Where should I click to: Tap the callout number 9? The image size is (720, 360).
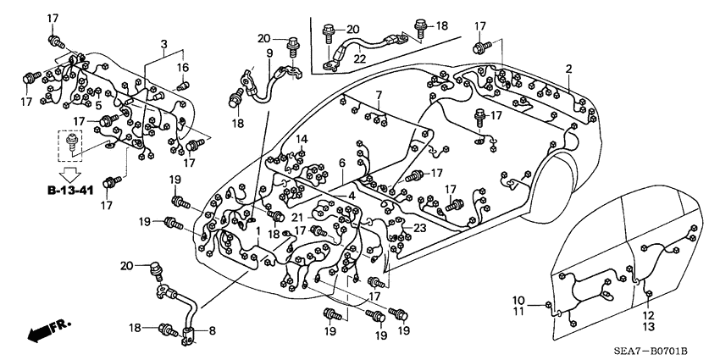(269, 53)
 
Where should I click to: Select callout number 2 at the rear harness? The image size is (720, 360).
(569, 69)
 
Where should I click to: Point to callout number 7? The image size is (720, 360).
(379, 94)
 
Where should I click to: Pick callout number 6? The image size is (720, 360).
(341, 163)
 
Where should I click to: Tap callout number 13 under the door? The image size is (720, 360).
(649, 326)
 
